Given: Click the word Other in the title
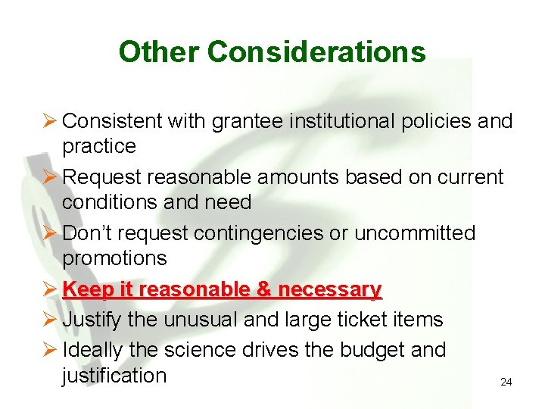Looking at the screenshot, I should pos(159,52).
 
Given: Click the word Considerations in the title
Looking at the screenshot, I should pos(316,52).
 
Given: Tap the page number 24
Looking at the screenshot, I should pos(506,382).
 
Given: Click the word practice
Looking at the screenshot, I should pos(99,146).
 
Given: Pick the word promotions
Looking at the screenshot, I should pos(114,258).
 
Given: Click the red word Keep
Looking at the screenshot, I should pos(86,289).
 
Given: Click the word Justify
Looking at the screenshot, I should pos(92,320).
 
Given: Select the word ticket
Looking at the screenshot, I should pos(360,320).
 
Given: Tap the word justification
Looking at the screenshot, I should pos(114,376).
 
